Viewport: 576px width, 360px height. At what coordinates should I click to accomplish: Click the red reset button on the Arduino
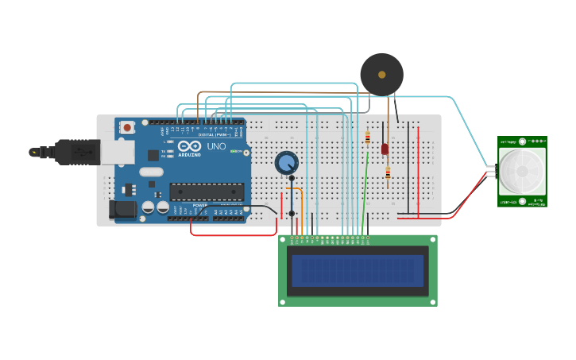[x=127, y=127]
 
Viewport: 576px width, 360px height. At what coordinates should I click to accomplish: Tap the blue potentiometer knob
[x=286, y=163]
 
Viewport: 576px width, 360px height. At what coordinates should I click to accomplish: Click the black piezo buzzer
[x=381, y=75]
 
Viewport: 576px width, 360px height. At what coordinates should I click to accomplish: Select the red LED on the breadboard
[x=385, y=149]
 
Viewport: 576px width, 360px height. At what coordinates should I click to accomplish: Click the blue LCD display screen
[x=357, y=270]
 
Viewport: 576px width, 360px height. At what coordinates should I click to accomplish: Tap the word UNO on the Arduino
[x=216, y=147]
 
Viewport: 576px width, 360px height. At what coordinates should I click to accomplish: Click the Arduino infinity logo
[x=189, y=146]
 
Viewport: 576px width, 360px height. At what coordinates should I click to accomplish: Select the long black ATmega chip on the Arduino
[x=207, y=191]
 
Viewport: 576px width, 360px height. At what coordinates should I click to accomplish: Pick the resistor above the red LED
[x=368, y=137]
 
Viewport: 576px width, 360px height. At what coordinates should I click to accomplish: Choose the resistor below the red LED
[x=387, y=172]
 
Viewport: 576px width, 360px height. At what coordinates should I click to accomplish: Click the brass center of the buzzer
[x=381, y=75]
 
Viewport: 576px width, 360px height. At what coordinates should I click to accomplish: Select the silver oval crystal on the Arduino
[x=151, y=172]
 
